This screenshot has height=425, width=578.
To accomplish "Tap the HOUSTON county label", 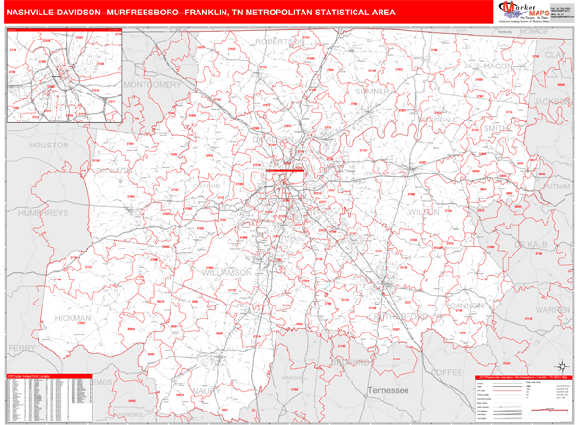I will coord(49,145).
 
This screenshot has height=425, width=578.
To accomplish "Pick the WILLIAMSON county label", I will coord(227,272).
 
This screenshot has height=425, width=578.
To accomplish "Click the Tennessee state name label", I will coord(389,389).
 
